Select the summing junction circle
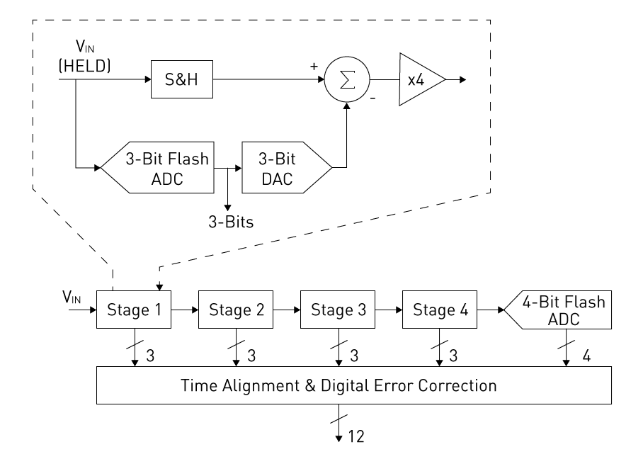tap(347, 79)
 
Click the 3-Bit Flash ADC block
tap(158, 169)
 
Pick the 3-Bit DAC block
tap(283, 169)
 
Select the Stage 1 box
tap(134, 310)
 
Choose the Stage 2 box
tap(236, 310)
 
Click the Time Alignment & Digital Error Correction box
tap(354, 386)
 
